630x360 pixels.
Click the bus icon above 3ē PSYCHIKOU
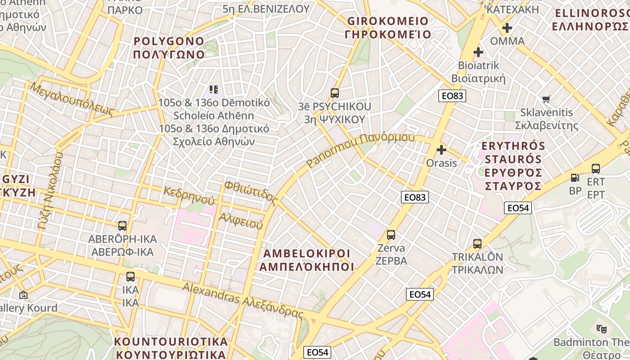pyautogui.click(x=334, y=93)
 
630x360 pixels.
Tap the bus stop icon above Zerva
pyautogui.click(x=391, y=235)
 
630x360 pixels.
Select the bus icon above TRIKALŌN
pyautogui.click(x=477, y=244)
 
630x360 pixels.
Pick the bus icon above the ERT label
pyautogui.click(x=596, y=169)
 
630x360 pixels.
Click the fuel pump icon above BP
pyautogui.click(x=575, y=178)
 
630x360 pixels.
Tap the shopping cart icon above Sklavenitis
pyautogui.click(x=546, y=99)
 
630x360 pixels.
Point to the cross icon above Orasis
pyautogui.click(x=441, y=150)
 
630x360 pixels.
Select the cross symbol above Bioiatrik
pyautogui.click(x=478, y=52)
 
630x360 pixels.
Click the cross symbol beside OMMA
pyautogui.click(x=507, y=28)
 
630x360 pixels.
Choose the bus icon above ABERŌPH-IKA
pyautogui.click(x=122, y=225)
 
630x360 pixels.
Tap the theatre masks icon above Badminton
pyautogui.click(x=601, y=329)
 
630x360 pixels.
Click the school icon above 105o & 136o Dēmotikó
pyautogui.click(x=213, y=90)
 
